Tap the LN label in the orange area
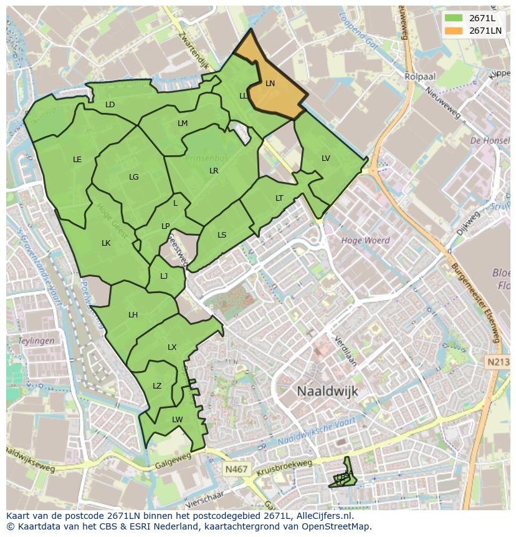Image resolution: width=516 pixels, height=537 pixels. pos(270,83)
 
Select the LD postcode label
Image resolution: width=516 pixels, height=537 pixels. pos(110,105)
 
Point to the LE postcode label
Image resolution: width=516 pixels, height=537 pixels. pos(77,160)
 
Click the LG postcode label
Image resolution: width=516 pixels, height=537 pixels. pos(134,177)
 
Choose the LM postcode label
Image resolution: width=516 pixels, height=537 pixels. pos(183,123)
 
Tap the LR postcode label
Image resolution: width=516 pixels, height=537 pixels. pos(214,171)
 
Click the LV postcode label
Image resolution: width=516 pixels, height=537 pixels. pos(326,158)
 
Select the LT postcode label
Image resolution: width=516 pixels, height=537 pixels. pos(279,198)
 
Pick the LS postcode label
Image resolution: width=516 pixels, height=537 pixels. pos(222,235)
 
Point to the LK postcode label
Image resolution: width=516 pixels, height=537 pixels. pos(106,243)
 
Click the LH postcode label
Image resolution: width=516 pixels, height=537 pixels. pos(133,315)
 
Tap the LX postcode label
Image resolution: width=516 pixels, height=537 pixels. pos(172,347)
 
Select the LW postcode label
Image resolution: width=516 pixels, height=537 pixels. pos(178,420)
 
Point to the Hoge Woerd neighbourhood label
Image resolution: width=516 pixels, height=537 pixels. pos(365,240)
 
